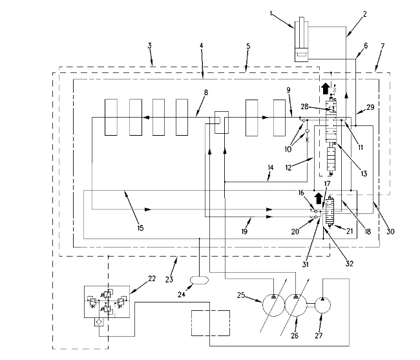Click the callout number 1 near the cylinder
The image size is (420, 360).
pyautogui.click(x=271, y=14)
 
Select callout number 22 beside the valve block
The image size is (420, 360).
pyautogui.click(x=152, y=279)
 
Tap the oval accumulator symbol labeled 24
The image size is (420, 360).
pyautogui.click(x=199, y=280)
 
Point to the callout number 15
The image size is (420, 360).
pyautogui.click(x=140, y=228)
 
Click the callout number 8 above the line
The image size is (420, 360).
pyautogui.click(x=205, y=92)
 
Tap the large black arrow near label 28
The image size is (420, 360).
pyautogui.click(x=326, y=89)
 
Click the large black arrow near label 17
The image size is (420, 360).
pyautogui.click(x=319, y=199)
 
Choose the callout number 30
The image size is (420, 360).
pyautogui.click(x=390, y=231)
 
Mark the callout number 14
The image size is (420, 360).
pyautogui.click(x=271, y=167)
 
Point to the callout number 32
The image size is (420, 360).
pyautogui.click(x=350, y=264)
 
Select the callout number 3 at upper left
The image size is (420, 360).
pyautogui.click(x=149, y=45)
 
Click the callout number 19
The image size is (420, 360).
pyautogui.click(x=244, y=231)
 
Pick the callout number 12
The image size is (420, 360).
pyautogui.click(x=288, y=167)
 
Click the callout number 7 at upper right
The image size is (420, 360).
pyautogui.click(x=383, y=46)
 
